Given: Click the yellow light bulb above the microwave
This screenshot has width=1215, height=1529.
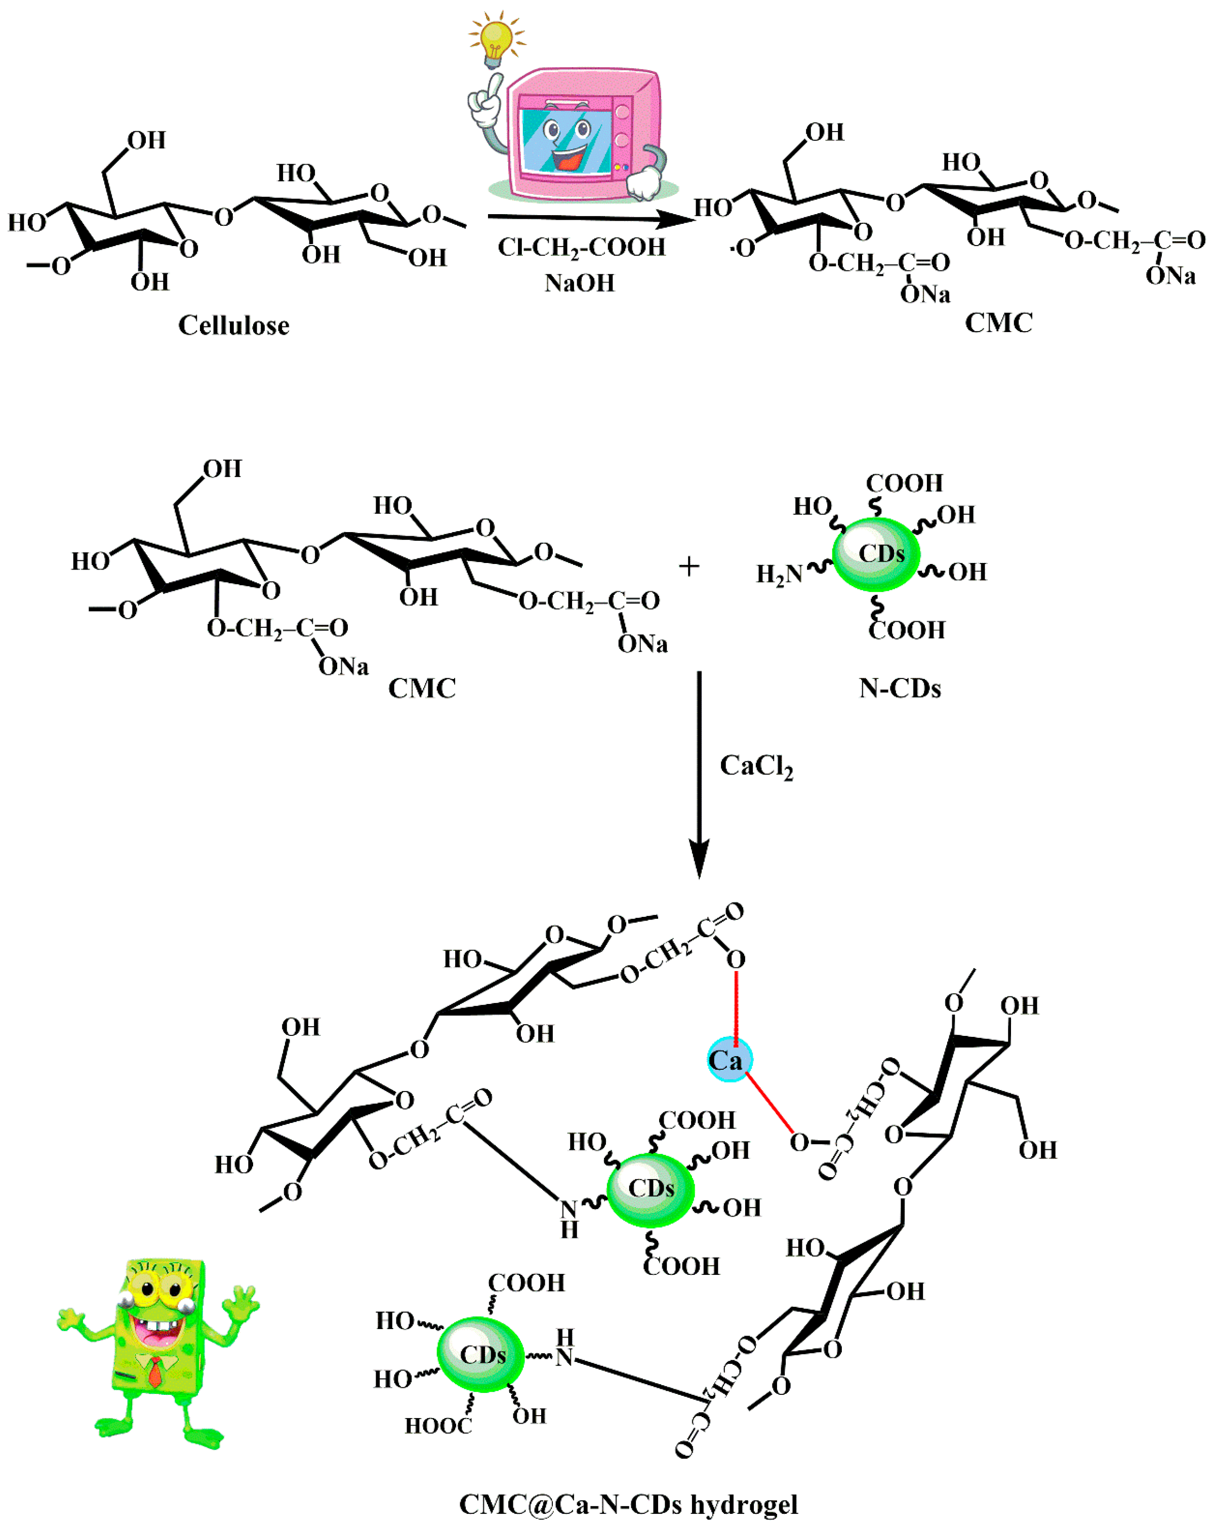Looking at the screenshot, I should pyautogui.click(x=496, y=39).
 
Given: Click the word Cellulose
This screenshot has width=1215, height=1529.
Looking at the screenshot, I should pyautogui.click(x=233, y=326).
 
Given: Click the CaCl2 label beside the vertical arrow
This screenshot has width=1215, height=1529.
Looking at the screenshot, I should pyautogui.click(x=756, y=766).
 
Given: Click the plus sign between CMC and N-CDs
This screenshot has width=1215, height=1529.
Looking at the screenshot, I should pyautogui.click(x=688, y=567).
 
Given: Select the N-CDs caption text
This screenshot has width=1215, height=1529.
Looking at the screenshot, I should pyautogui.click(x=900, y=688).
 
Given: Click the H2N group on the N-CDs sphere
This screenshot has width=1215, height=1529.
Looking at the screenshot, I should pyautogui.click(x=778, y=573).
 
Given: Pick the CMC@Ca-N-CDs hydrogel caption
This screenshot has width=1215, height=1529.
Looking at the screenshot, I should pyautogui.click(x=628, y=1504).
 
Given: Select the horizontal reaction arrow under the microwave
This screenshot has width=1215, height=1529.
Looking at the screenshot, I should pyautogui.click(x=589, y=218).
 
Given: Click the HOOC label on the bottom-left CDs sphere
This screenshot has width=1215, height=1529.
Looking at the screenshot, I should pyautogui.click(x=437, y=1425).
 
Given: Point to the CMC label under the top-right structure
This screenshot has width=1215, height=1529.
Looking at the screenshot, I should pyautogui.click(x=998, y=323).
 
